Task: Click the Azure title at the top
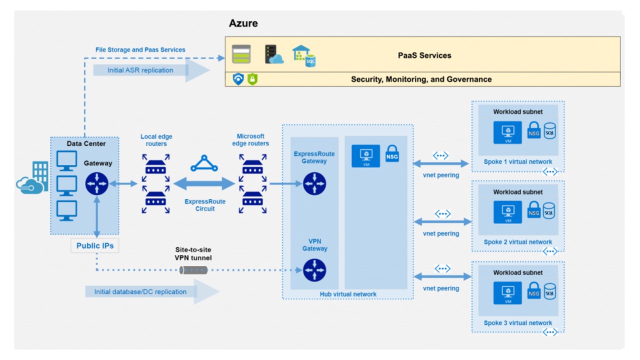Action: [243, 23]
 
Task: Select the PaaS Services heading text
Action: [424, 55]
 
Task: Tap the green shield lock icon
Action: [252, 79]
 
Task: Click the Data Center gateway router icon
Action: [96, 183]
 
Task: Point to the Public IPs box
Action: [95, 245]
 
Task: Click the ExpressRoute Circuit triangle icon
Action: [204, 164]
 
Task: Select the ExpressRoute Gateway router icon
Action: [314, 183]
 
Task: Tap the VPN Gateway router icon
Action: [314, 270]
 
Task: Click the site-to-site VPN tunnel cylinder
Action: [193, 270]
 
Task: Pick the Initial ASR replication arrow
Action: [150, 70]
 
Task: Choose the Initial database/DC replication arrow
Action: [150, 292]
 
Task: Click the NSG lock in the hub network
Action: [392, 154]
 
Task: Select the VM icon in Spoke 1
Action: [507, 132]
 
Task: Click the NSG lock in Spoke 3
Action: [534, 292]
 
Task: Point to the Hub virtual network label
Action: [348, 294]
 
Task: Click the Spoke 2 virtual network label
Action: [517, 242]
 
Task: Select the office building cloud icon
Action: [33, 179]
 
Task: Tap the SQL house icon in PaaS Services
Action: [304, 55]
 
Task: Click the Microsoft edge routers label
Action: [250, 140]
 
